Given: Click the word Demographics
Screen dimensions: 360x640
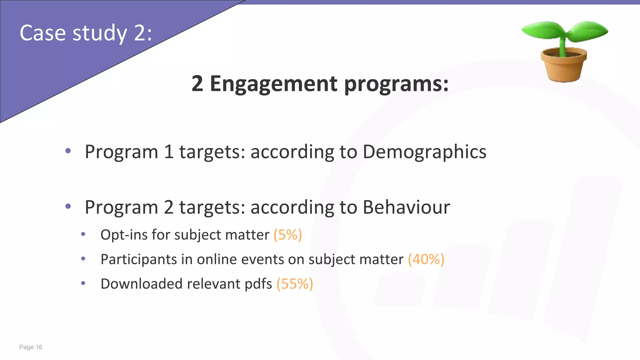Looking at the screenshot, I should click(424, 152).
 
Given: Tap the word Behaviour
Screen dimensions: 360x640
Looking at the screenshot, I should click(406, 207).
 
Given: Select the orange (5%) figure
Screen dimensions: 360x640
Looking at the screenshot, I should click(287, 235).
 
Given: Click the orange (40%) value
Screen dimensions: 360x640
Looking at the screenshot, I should click(426, 259).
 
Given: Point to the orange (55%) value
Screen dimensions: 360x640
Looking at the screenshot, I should click(294, 284).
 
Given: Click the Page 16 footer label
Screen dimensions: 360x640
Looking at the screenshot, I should click(31, 347).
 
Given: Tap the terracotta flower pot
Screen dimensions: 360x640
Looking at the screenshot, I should click(563, 65).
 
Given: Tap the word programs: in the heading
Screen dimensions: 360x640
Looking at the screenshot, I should click(396, 84).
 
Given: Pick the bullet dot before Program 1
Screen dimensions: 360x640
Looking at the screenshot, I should click(68, 151).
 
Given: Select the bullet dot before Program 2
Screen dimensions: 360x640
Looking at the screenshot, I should click(68, 206).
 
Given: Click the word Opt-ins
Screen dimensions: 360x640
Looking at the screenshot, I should click(124, 235).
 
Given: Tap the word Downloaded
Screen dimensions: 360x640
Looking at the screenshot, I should click(141, 284).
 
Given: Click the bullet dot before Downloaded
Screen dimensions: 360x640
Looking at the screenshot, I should click(83, 283).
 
